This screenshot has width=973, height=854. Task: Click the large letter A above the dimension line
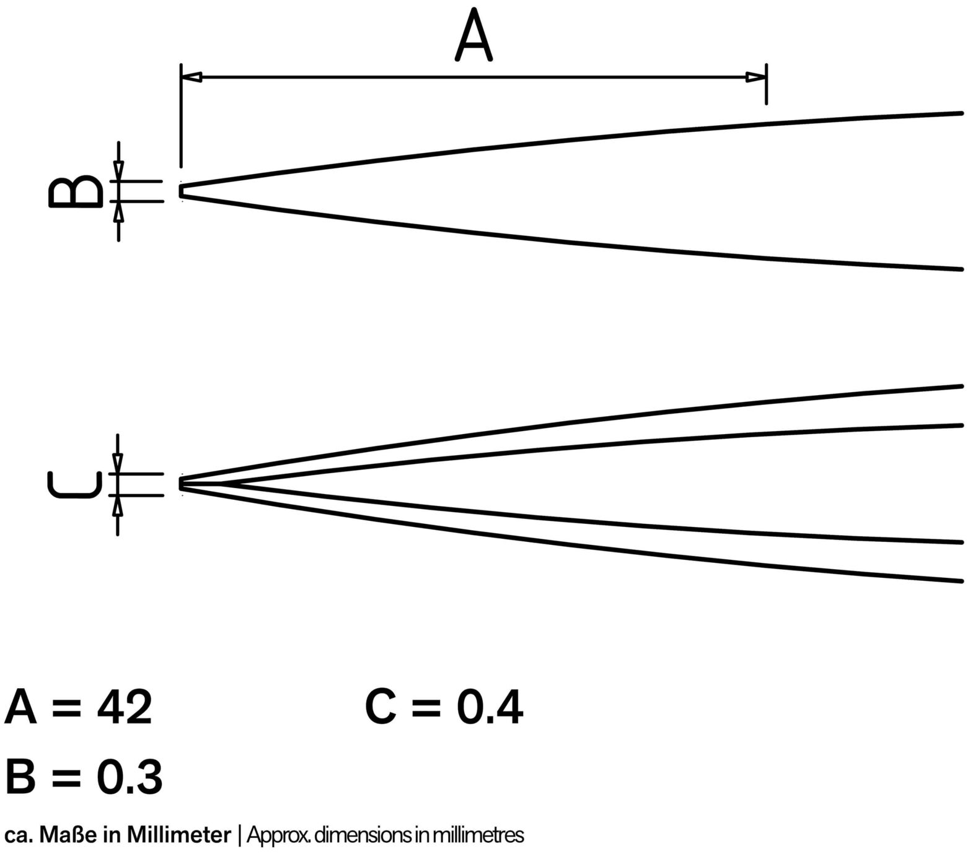(473, 35)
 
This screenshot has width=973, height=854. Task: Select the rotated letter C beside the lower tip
(75, 484)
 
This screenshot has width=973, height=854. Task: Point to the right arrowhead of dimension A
(755, 77)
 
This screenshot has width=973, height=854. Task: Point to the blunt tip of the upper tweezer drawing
(181, 191)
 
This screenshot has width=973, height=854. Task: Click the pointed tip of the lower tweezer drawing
(181, 484)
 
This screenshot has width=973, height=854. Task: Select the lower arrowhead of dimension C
(118, 505)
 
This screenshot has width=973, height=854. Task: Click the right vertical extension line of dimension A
(767, 84)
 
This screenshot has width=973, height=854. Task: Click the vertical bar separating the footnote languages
(239, 835)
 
